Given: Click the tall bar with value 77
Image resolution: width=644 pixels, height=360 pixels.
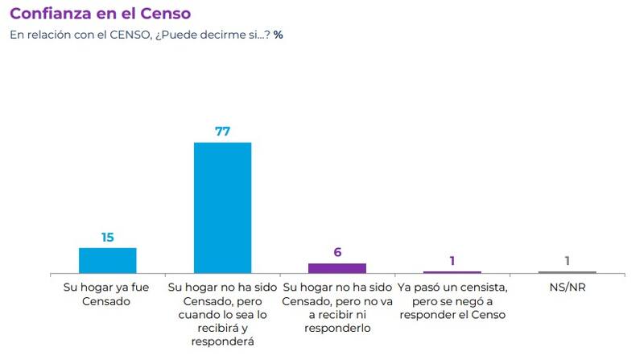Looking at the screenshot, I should [223, 208].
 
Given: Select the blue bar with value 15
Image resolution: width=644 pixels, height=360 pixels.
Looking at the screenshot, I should [107, 260].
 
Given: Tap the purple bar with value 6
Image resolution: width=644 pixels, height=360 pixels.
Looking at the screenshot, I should [337, 268].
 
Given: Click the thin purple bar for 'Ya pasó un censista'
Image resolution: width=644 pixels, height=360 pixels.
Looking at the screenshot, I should [452, 272].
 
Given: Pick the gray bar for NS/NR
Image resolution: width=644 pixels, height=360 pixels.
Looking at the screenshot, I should [568, 272].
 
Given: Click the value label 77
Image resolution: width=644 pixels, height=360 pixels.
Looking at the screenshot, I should [223, 131].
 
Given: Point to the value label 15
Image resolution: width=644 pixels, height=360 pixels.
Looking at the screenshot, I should [107, 237].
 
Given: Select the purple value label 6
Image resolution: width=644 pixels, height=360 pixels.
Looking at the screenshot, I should [337, 252].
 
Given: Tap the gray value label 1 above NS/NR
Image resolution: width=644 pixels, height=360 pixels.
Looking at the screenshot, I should [568, 260].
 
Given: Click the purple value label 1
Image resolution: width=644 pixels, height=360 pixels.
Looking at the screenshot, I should [452, 260].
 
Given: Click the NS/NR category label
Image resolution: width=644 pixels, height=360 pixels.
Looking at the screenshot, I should [568, 287].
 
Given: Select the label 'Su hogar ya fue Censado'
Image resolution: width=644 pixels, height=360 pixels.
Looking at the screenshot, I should [107, 294].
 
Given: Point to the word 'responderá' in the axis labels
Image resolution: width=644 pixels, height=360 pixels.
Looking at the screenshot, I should [223, 341].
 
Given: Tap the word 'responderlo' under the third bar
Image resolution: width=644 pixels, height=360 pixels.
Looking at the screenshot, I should [337, 328].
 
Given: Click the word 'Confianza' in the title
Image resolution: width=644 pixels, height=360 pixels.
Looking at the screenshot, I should [51, 14].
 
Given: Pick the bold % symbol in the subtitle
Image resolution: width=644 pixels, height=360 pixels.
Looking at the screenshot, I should [278, 35].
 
